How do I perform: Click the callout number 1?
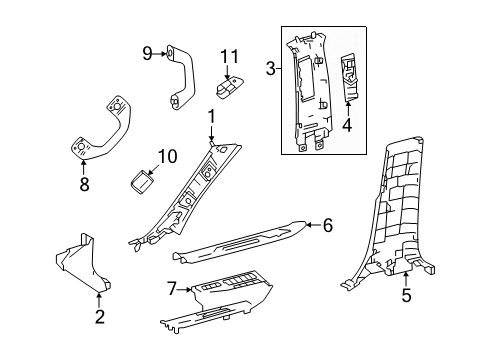tap(211, 118)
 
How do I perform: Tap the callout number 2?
tap(100, 316)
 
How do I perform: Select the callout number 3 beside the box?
tap(271, 69)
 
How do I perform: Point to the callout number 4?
tap(347, 125)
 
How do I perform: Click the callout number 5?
tap(406, 295)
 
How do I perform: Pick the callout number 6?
tap(328, 225)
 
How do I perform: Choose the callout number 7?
tap(171, 289)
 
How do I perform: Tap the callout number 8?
tap(84, 184)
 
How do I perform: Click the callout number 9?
tap(147, 53)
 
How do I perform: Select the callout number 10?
tap(167, 156)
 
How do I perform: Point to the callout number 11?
tap(230, 56)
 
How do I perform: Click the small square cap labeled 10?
tap(141, 181)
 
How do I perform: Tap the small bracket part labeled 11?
tap(229, 87)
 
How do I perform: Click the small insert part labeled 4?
tap(349, 78)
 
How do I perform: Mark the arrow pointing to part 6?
tap(313, 225)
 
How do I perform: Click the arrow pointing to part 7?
tap(184, 290)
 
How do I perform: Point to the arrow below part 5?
tap(406, 279)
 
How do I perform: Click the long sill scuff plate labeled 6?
tap(239, 242)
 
